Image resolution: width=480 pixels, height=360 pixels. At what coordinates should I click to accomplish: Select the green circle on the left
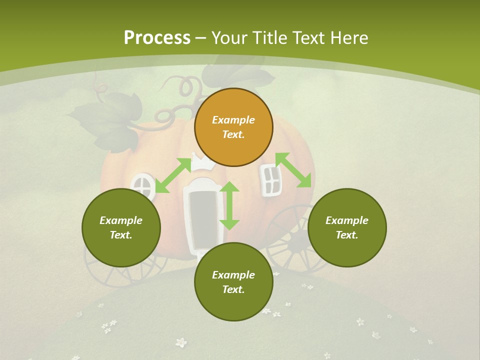click(x=121, y=227)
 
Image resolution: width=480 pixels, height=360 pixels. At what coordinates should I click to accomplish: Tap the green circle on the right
click(x=347, y=227)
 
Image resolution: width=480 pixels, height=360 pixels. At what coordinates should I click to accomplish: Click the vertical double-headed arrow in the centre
click(x=229, y=205)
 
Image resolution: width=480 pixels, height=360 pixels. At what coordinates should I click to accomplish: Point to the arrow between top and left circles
click(x=173, y=175)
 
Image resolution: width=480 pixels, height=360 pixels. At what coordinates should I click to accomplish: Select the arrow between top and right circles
click(x=293, y=170)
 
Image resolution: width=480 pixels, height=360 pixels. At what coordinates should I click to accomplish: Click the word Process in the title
click(x=157, y=37)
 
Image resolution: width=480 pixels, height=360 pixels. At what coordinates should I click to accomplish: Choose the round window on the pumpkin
click(x=143, y=185)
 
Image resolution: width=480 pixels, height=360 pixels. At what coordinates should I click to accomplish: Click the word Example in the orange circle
click(x=233, y=120)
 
